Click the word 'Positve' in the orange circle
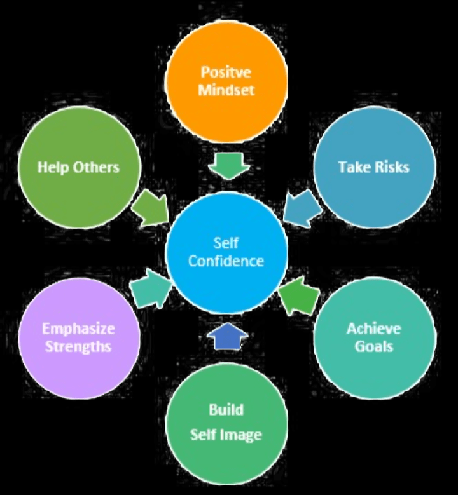click(226, 72)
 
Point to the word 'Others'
click(95, 167)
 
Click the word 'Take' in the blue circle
click(353, 167)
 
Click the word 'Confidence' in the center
click(226, 261)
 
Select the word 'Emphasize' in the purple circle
click(78, 329)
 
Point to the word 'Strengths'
click(78, 346)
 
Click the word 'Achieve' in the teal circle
click(373, 329)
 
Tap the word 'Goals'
click(373, 346)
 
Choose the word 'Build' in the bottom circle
click(226, 409)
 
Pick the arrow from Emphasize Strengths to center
click(150, 289)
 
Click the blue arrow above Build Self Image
click(228, 337)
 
